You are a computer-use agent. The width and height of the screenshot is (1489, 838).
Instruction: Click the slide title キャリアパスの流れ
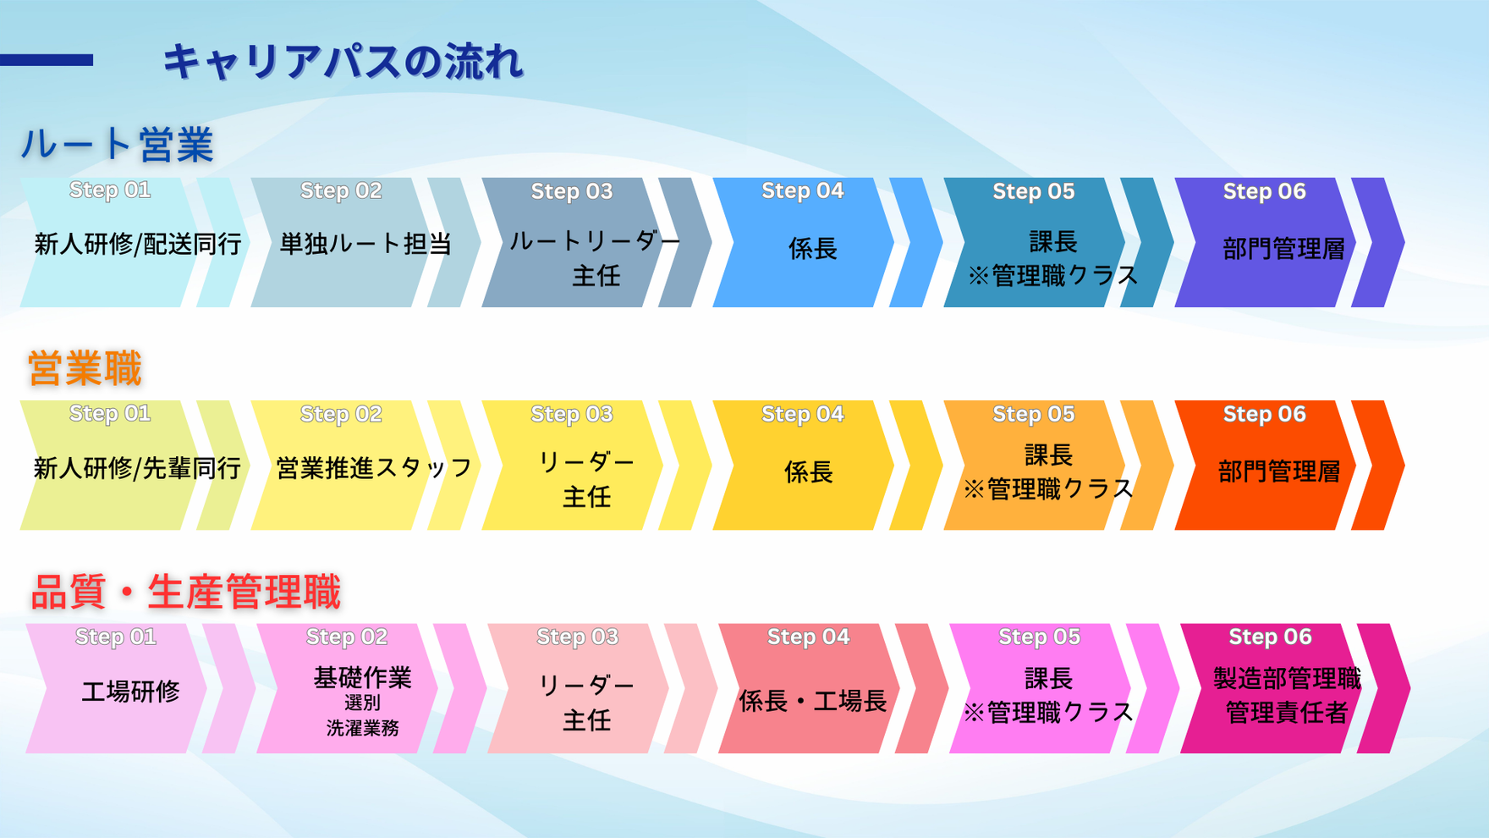click(343, 62)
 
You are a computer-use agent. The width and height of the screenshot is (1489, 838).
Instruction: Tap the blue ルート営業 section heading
click(117, 144)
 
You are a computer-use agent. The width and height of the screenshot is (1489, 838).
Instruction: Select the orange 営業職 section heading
click(85, 368)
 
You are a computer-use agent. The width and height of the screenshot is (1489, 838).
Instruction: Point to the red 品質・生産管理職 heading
click(185, 592)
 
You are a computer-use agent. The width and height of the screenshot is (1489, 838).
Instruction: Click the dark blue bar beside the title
click(47, 60)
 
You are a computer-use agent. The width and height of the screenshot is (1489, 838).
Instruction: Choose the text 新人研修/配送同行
click(138, 245)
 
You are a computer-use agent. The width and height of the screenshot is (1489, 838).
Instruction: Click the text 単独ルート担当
click(365, 244)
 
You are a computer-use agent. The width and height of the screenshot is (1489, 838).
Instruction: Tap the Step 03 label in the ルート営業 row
click(572, 191)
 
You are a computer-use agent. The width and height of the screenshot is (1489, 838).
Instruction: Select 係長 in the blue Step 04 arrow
click(813, 249)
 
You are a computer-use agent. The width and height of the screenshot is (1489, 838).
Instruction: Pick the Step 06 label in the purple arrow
click(1265, 191)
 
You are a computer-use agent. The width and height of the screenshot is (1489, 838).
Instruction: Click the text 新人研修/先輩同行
click(138, 468)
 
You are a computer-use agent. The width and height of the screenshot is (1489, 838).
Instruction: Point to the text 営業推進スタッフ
click(374, 468)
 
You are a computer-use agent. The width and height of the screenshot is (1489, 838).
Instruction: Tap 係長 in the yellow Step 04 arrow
click(809, 472)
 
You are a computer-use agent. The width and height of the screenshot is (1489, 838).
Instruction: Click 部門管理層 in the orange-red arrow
click(1279, 471)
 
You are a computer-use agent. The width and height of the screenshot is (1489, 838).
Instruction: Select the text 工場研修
click(130, 692)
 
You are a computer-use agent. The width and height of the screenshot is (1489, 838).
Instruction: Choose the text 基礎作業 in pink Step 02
click(363, 677)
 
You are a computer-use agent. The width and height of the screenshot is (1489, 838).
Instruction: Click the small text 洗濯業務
click(363, 728)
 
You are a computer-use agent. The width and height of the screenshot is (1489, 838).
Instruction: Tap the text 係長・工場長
click(813, 701)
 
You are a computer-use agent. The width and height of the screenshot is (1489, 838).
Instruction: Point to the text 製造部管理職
click(1287, 678)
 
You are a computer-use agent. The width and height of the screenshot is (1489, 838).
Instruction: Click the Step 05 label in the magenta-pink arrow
click(1039, 637)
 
